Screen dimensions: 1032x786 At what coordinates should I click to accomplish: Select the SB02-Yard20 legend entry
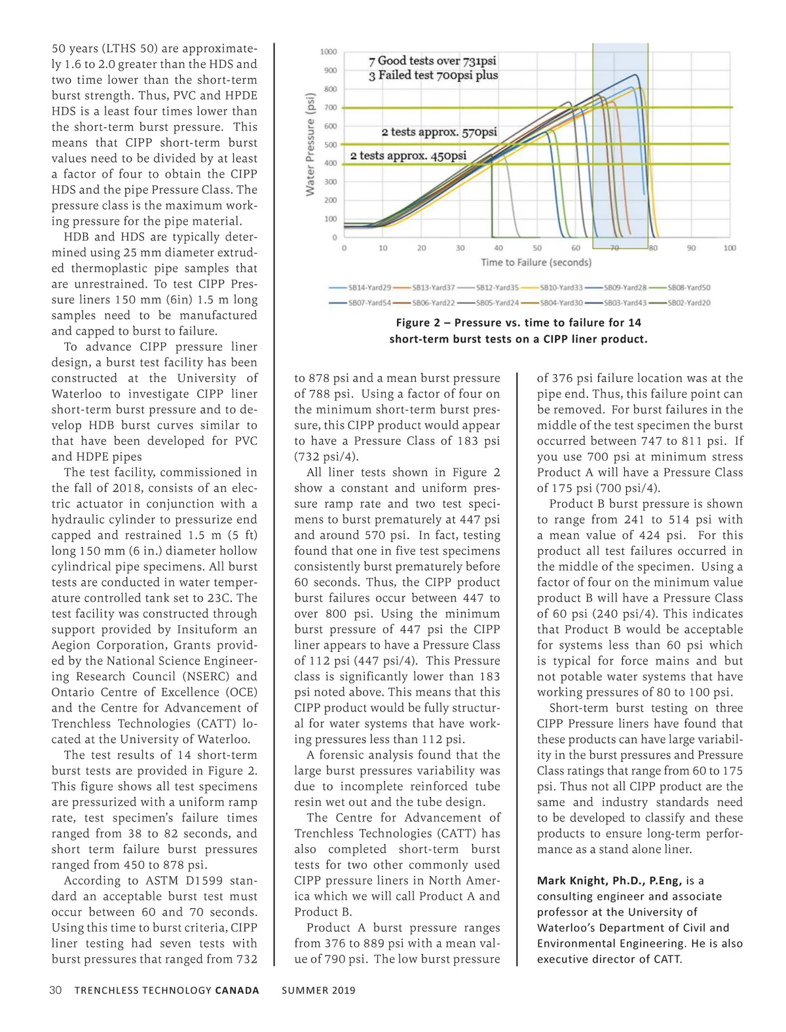(x=688, y=303)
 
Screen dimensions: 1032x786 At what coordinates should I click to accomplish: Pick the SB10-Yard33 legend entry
(x=561, y=288)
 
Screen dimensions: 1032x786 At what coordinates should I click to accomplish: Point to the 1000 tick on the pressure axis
(x=329, y=52)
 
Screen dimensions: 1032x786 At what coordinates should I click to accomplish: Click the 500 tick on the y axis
(x=331, y=145)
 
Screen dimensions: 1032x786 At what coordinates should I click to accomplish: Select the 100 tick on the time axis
(x=730, y=248)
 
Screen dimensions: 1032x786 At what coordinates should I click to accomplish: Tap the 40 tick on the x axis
(x=498, y=248)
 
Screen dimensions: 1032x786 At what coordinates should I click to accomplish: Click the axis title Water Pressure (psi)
(x=310, y=143)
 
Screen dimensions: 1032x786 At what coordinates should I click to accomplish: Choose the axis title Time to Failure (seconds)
(x=536, y=263)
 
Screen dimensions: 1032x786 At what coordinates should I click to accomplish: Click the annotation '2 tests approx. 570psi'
(x=439, y=132)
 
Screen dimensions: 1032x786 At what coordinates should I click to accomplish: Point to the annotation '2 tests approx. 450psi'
(x=408, y=156)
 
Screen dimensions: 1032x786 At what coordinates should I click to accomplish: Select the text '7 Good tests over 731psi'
(x=432, y=61)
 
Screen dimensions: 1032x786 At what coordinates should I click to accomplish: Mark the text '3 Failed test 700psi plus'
(x=433, y=75)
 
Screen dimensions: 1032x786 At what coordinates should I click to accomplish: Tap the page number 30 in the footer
(x=56, y=990)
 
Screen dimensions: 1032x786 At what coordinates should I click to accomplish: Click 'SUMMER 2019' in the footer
(x=318, y=990)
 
